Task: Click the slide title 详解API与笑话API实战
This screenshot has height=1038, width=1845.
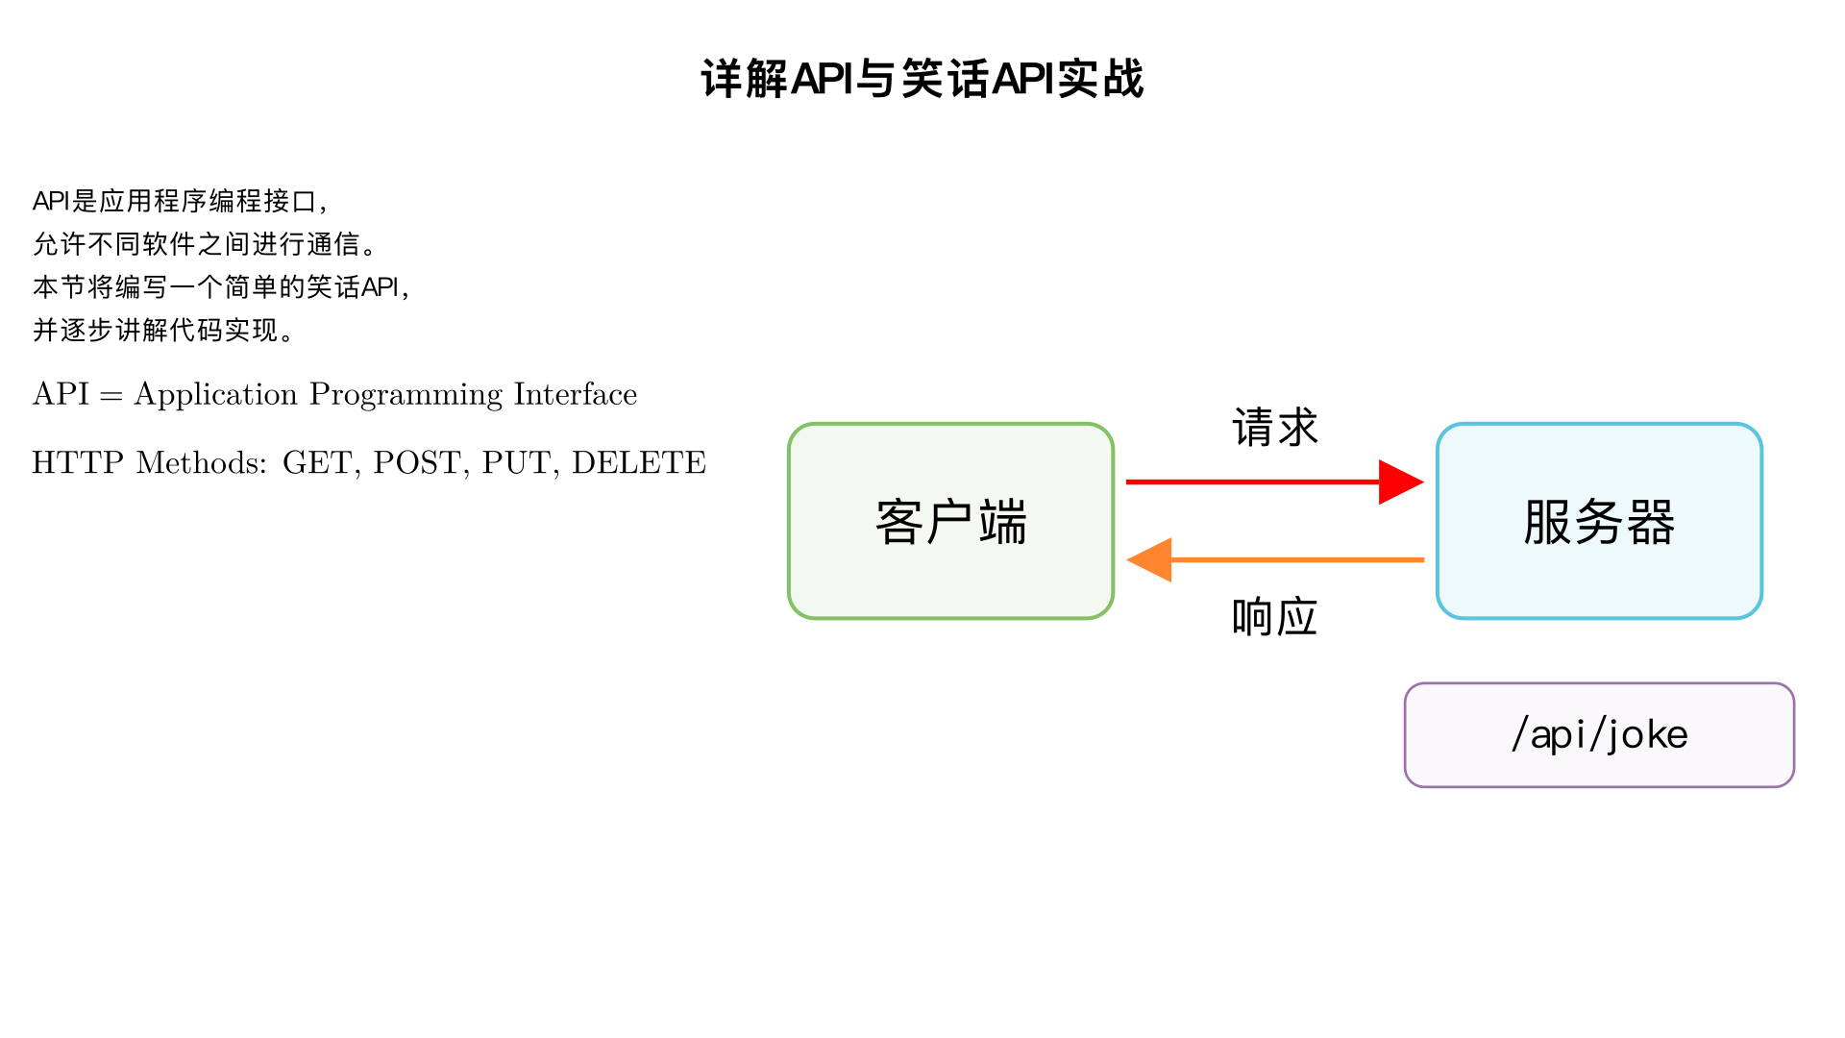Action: (x=922, y=79)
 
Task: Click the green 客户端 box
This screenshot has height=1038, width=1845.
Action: (x=950, y=521)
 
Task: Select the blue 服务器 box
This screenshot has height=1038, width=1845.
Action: (x=1599, y=521)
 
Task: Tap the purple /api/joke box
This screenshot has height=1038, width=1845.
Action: (x=1599, y=735)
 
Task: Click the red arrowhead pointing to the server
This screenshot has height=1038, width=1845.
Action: (x=1400, y=482)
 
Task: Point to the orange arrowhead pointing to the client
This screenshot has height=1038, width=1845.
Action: (x=1150, y=559)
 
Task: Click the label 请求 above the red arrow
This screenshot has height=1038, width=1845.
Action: (x=1274, y=428)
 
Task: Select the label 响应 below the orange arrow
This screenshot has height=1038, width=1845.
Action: (x=1274, y=617)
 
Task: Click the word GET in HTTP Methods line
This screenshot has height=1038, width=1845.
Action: (x=317, y=463)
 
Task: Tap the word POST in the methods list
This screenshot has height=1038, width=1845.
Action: (x=416, y=463)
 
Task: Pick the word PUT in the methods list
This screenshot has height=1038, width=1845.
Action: (x=516, y=463)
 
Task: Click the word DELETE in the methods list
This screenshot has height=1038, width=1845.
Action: (x=639, y=463)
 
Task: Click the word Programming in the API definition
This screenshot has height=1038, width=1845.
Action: (x=406, y=395)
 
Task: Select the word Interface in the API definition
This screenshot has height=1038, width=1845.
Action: (x=575, y=395)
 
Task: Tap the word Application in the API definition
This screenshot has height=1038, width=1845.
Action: (x=215, y=395)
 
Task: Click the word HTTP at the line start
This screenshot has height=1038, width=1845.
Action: (x=78, y=463)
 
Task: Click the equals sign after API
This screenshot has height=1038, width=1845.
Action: (x=111, y=396)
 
